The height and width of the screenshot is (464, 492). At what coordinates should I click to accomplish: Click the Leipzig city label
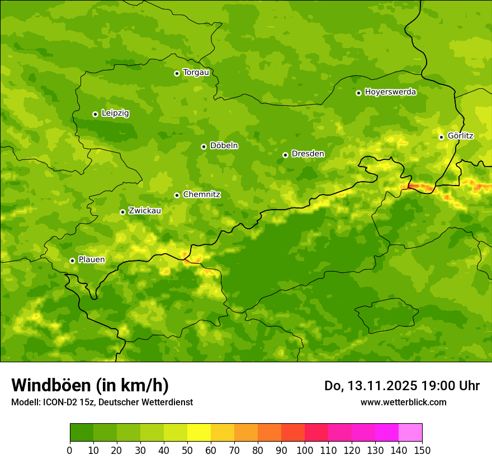115,113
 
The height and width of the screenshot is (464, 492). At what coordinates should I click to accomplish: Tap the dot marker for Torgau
177,73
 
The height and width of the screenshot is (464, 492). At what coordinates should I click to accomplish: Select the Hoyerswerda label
390,92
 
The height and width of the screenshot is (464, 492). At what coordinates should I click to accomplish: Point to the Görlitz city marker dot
441,137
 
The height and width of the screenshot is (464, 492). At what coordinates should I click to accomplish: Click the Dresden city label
307,154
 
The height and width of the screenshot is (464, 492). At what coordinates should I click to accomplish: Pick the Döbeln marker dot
204,146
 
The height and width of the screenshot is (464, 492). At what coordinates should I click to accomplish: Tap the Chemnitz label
201,195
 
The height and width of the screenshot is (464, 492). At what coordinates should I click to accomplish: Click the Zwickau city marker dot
122,212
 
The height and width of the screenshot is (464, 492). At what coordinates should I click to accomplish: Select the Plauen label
92,260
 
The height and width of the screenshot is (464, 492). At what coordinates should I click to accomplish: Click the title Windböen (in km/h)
89,385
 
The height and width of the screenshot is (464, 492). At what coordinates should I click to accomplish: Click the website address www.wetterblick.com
403,402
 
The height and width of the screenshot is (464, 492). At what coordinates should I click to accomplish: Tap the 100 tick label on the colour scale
305,450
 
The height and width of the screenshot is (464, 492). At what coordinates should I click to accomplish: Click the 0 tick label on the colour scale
70,450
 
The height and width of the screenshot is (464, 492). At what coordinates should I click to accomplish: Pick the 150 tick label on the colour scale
422,450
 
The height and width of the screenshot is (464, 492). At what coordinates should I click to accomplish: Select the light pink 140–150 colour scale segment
410,433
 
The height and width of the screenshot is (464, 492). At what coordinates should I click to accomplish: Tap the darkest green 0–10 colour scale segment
82,433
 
